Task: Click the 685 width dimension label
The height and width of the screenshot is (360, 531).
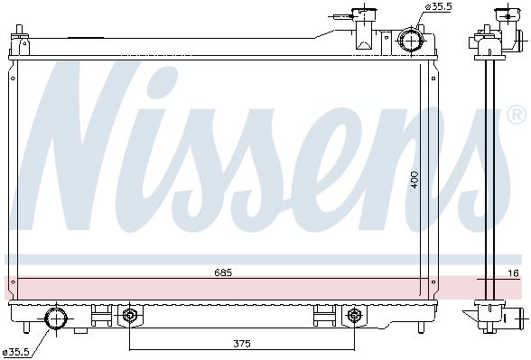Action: point(223,272)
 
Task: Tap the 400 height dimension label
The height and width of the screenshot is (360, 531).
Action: point(415,180)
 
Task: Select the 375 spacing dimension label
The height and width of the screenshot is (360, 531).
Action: point(242,344)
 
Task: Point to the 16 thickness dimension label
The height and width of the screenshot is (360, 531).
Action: point(514,273)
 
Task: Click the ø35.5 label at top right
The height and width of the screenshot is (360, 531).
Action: point(438,7)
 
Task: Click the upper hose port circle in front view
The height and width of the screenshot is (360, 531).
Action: point(411,40)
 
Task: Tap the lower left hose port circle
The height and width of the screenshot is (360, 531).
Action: point(56,318)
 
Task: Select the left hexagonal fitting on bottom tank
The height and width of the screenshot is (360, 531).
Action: point(129,316)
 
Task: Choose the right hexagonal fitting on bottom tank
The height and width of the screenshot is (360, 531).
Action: point(353,316)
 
